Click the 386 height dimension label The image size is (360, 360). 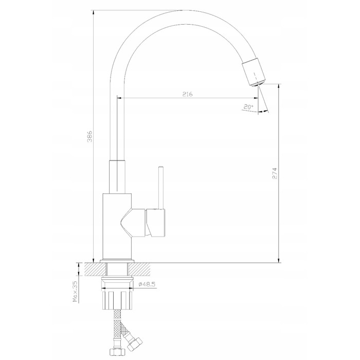tap(90, 136)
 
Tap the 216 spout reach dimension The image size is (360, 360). tap(188, 94)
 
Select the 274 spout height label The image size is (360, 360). tap(275, 174)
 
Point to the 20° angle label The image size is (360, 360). tap(248, 107)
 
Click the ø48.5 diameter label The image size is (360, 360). tap(147, 284)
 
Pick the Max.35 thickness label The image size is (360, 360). tap(75, 292)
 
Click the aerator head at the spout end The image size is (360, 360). tap(254, 73)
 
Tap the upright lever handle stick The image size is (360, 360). tap(161, 188)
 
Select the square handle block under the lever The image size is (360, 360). tap(156, 223)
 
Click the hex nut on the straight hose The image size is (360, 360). tap(117, 352)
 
